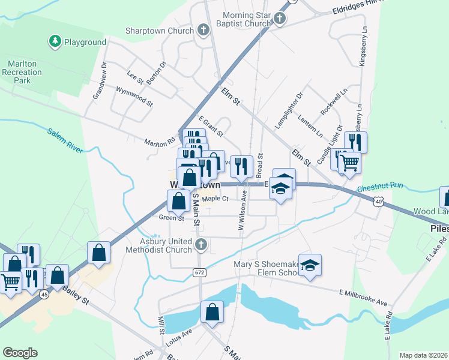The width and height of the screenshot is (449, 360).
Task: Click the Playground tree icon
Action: pos(55,41)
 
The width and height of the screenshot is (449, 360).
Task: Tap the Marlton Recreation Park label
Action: pos(25,72)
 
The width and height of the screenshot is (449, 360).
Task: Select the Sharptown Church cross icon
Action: pos(203,30)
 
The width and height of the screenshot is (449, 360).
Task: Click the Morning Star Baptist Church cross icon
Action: pos(279,20)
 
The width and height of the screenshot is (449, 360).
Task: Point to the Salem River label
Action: pos(63,142)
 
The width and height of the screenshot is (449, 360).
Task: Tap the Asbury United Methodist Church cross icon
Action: pos(201,244)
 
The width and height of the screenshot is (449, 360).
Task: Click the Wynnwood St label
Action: pos(134,97)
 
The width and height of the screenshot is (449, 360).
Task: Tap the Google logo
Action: pos(20,353)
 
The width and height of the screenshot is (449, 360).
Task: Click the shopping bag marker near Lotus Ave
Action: pos(212,311)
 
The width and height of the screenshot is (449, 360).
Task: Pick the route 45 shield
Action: pos(44,295)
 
